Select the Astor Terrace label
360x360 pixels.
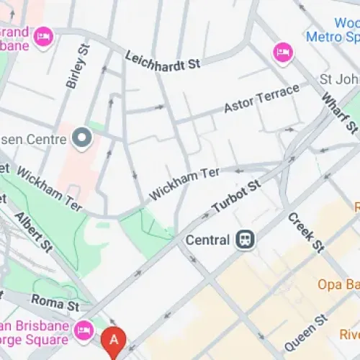pyautogui.click(x=261, y=99)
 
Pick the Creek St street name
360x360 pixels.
pyautogui.click(x=306, y=232)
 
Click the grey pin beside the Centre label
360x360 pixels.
pyautogui.click(x=82, y=135)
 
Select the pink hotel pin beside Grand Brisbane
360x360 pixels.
pyautogui.click(x=44, y=35)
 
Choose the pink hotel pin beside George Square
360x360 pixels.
pyautogui.click(x=84, y=329)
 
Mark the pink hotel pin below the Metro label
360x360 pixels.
pyautogui.click(x=281, y=52)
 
